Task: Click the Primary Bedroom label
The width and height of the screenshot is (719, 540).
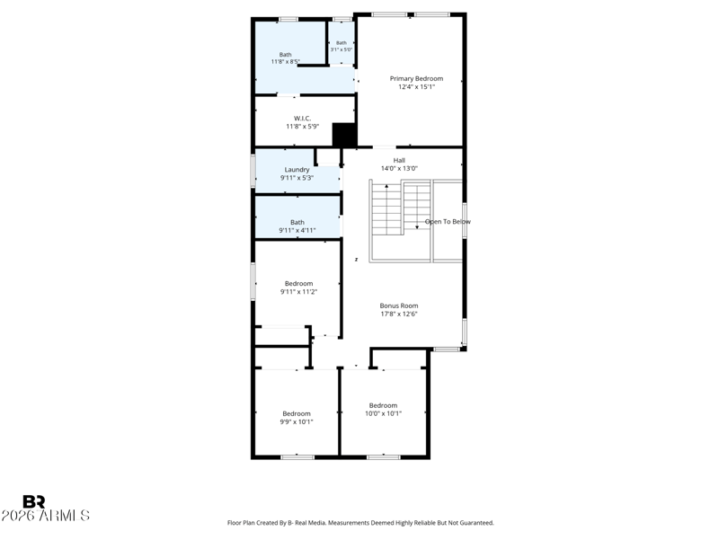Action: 416,78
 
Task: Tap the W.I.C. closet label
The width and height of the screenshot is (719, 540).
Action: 302,119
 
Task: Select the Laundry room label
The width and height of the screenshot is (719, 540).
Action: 297,170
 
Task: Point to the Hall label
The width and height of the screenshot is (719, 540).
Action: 399,161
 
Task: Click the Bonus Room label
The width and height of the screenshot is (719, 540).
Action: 399,305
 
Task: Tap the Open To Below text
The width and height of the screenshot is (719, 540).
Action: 448,222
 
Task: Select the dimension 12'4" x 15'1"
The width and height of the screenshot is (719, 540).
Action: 416,86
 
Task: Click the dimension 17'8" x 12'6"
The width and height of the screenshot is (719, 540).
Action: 399,314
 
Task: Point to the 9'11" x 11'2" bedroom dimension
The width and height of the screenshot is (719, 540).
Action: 299,291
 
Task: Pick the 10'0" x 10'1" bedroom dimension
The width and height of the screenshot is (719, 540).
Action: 384,413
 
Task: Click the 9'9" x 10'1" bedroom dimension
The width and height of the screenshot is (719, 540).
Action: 297,421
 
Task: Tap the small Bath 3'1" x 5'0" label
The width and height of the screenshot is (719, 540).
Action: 342,46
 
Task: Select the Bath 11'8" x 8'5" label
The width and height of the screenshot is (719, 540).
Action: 285,58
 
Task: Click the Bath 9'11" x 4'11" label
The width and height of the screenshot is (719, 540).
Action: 297,226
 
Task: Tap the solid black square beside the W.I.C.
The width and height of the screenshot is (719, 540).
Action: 344,136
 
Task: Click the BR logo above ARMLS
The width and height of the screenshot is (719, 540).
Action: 34,501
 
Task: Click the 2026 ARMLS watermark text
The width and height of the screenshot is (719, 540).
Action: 46,515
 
